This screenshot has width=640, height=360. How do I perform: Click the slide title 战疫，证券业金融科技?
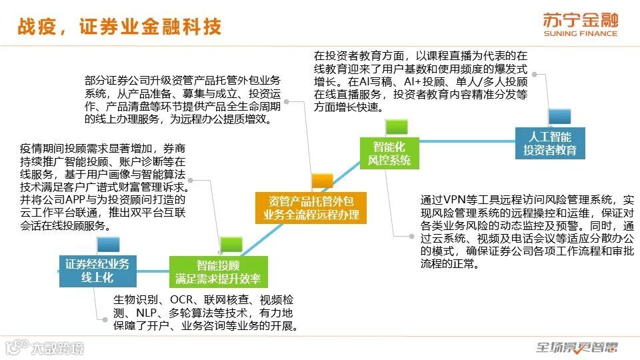pyautogui.click(x=118, y=27)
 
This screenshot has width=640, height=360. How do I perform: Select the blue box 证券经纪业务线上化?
pyautogui.click(x=97, y=271)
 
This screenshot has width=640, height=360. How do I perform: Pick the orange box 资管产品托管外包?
pyautogui.click(x=311, y=207)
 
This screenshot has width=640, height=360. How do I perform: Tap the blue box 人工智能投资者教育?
pyautogui.click(x=549, y=143)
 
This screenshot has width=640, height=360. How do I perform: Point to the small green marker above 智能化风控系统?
pyautogui.click(x=396, y=125)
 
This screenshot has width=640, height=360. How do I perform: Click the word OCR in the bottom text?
pyautogui.click(x=183, y=299)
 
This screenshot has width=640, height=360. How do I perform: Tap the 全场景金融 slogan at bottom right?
pyautogui.click(x=577, y=347)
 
